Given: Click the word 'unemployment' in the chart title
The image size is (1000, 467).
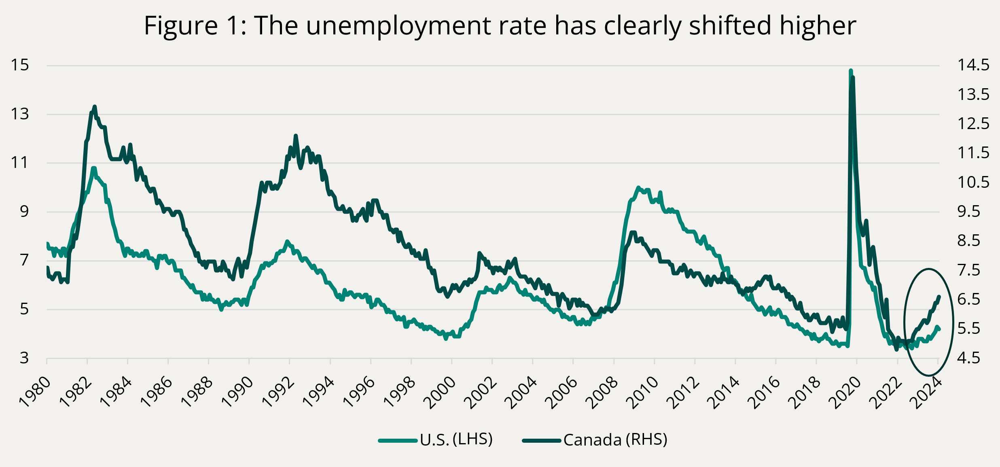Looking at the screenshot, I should tap(399, 26).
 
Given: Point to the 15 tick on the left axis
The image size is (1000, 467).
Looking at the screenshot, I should tap(20, 65).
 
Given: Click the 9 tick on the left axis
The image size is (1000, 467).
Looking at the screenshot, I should tap(25, 212).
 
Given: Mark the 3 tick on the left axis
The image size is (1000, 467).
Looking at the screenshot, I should tap(25, 358).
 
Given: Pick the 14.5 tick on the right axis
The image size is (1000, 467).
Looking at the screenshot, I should tap(973, 65).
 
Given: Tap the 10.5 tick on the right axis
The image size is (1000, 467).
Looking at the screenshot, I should tap(973, 183).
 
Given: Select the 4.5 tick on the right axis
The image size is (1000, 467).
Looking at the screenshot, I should tap(969, 358).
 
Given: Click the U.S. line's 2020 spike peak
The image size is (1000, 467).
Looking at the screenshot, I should tap(851, 70).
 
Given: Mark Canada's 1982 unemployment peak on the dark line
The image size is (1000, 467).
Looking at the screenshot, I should tap(95, 106).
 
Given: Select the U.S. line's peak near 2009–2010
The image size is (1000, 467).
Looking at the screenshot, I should tap(638, 187).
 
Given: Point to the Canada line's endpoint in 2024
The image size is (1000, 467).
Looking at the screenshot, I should tap(939, 297).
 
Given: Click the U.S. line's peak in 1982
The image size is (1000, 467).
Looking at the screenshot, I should tap(94, 168).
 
